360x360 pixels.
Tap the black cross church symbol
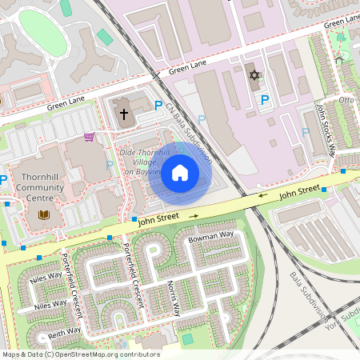pyautogui.click(x=124, y=114)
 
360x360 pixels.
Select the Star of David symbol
pyautogui.click(x=255, y=75)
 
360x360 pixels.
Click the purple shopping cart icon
pyautogui.click(x=89, y=136)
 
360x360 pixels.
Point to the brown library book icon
pyautogui.click(x=43, y=214)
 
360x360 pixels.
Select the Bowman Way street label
pyautogui.click(x=210, y=238)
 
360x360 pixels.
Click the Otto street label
pyautogui.click(x=346, y=100)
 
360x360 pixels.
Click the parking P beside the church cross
pyautogui.click(x=158, y=106)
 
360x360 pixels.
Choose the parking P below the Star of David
pyautogui.click(x=265, y=99)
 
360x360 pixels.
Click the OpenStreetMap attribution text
pyautogui.click(x=80, y=354)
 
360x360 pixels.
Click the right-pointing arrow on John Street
pyautogui.click(x=193, y=215)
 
